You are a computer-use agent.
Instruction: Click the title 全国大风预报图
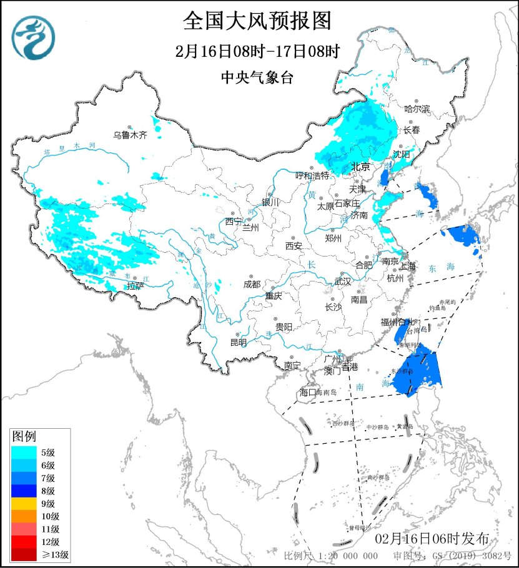[x=257, y=21]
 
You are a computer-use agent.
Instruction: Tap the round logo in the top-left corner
[x=33, y=36]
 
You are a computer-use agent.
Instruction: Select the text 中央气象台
[x=257, y=77]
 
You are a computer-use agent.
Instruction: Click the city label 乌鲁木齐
[x=130, y=134]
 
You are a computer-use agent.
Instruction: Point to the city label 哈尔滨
[x=417, y=109]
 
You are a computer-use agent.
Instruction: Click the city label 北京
[x=360, y=167]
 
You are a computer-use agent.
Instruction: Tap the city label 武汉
[x=343, y=282]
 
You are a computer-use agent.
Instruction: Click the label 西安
[x=294, y=246]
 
